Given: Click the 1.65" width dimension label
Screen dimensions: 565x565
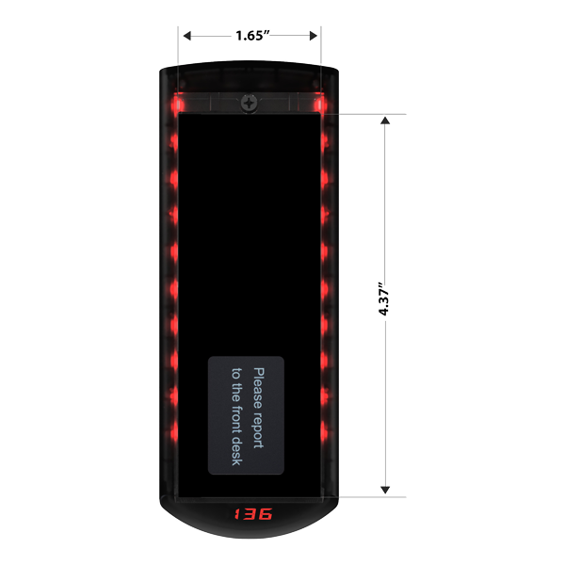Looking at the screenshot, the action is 252,36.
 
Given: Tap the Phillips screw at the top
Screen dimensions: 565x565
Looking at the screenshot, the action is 249,104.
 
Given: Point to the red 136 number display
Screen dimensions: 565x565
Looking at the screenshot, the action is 253,514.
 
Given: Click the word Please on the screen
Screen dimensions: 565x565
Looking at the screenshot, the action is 259,388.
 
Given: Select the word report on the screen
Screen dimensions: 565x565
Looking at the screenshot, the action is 258,430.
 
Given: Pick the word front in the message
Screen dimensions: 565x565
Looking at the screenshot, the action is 236,420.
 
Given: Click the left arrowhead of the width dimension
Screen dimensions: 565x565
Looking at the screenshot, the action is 187,36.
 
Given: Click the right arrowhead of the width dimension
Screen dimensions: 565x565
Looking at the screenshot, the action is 314,36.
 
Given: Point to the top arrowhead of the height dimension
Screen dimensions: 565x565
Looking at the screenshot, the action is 385,121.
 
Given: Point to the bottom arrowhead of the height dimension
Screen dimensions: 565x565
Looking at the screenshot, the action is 385,490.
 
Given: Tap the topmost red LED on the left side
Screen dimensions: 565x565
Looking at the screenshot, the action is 178,105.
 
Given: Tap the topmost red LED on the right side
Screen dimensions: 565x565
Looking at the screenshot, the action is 319,105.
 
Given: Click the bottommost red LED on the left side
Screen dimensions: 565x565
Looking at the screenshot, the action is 174,431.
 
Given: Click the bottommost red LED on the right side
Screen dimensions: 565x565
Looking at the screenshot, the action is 324,431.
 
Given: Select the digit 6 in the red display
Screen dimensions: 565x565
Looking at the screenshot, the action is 266,514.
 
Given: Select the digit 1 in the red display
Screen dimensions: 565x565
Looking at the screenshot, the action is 238,514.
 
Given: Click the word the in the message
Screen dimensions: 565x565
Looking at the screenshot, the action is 236,393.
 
